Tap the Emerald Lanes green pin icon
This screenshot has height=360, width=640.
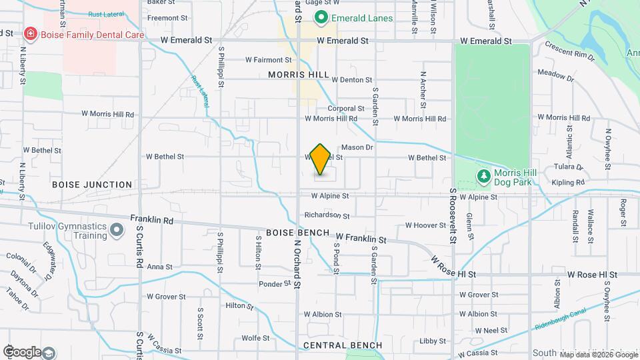tap(321, 17)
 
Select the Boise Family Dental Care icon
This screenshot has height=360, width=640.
tap(29, 33)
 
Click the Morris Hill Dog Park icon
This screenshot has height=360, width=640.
tap(483, 176)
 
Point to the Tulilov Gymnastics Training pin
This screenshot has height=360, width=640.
tap(117, 231)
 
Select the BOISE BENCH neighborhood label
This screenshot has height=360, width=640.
tap(297, 233)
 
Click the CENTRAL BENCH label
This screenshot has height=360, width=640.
tap(343, 345)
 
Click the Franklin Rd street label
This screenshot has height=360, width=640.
tap(151, 219)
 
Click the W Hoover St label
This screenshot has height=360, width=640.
tap(425, 225)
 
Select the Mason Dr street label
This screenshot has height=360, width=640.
tap(357, 147)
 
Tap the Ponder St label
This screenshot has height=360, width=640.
tap(275, 284)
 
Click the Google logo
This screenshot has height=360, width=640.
tap(22, 352)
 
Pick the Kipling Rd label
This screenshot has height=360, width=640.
tap(568, 182)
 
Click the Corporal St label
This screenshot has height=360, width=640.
tap(345, 108)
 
